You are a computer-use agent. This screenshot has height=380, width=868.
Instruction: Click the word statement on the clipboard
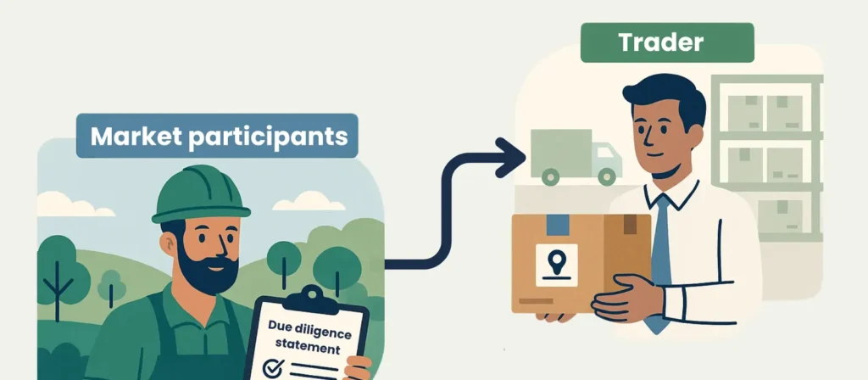(306, 348)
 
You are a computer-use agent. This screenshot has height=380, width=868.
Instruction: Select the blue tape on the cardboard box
(558, 224)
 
